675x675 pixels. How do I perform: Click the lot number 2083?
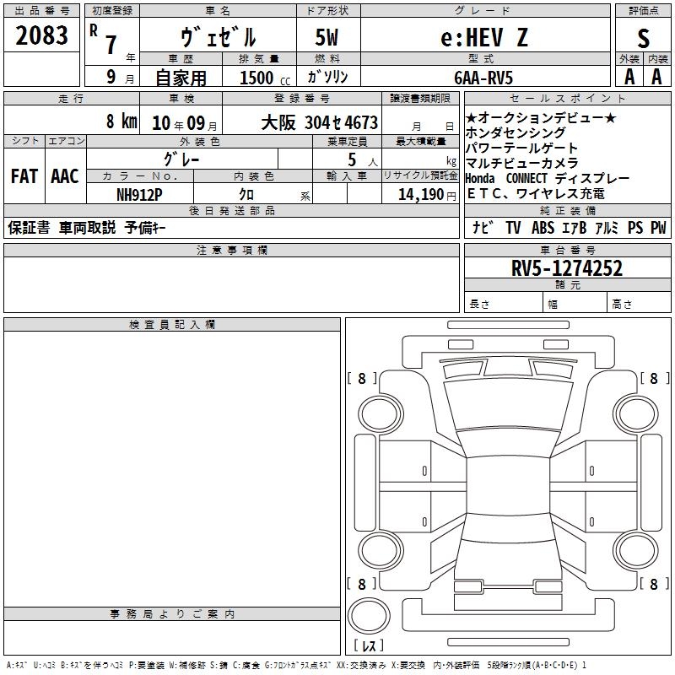41,35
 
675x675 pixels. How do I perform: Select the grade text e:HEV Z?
484,37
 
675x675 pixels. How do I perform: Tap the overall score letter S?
643,38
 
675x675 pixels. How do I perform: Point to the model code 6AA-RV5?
483,78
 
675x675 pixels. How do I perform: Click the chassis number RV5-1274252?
567,268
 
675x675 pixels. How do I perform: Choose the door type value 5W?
327,37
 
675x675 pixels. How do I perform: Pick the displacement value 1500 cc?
265,78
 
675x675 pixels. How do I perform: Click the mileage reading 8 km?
121,121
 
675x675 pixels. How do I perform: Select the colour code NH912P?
139,195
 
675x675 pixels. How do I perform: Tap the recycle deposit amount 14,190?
421,195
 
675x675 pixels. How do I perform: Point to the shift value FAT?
24,176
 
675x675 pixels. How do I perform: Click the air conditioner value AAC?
65,176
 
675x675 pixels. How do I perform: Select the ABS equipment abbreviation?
543,228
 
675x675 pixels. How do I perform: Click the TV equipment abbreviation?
513,228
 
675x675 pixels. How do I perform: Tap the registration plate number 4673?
361,122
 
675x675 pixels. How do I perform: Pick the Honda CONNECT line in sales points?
547,178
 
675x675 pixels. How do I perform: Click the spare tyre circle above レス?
369,615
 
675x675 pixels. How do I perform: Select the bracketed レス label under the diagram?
369,645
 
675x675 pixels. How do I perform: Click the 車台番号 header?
568,250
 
